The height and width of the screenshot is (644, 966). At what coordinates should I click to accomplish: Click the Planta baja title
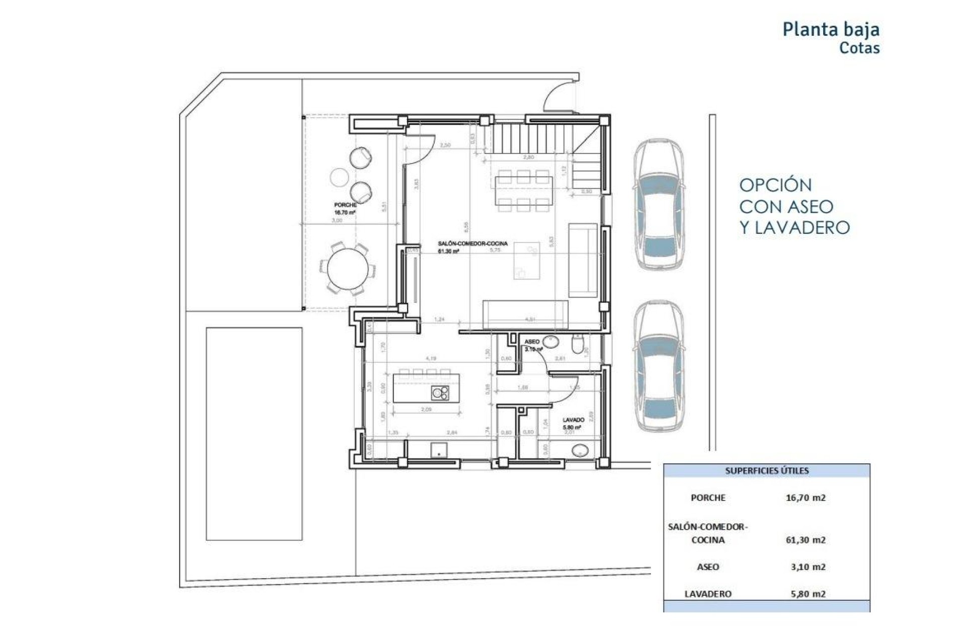831,29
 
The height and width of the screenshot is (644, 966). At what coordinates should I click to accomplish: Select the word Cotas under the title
859,48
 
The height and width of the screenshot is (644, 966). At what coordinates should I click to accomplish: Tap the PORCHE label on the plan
345,205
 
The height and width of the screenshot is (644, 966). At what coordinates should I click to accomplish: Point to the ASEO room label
532,342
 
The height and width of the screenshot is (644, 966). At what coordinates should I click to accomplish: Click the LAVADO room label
573,420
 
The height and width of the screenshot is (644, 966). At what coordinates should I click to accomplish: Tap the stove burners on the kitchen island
440,393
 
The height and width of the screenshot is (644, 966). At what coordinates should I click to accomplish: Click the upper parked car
659,205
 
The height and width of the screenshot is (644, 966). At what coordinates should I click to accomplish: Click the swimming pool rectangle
254,434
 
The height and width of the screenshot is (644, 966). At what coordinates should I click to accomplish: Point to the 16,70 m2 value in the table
806,498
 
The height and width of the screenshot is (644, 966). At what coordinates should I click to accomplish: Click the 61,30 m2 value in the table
806,540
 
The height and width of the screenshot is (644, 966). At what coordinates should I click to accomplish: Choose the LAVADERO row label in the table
707,594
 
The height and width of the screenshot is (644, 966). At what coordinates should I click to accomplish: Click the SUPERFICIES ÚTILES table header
767,471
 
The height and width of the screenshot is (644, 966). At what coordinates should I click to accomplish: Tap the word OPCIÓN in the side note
775,185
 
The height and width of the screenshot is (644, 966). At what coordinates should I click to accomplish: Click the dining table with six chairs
524,190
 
